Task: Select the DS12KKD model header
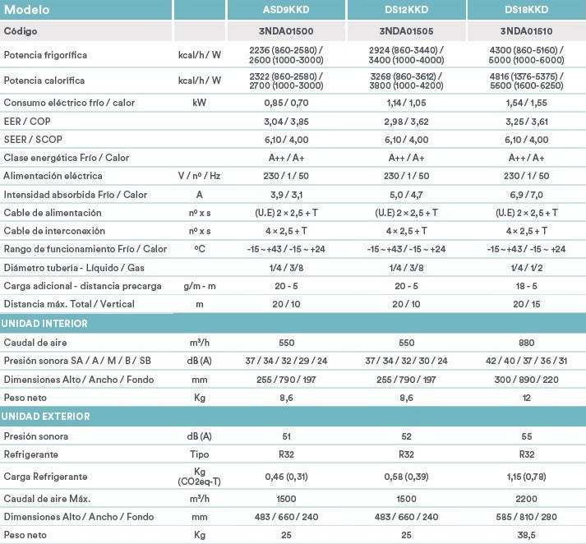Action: click(x=406, y=10)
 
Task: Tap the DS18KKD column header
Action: click(x=527, y=10)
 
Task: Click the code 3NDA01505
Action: click(x=406, y=30)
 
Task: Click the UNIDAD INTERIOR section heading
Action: click(x=44, y=324)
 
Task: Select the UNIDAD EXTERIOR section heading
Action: click(x=46, y=417)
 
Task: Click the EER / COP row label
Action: click(x=28, y=121)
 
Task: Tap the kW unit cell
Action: click(x=199, y=103)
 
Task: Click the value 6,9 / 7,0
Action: click(x=527, y=195)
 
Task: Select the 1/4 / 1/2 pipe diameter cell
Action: click(x=527, y=268)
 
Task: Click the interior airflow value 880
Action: click(x=527, y=342)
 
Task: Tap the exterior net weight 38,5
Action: click(x=527, y=535)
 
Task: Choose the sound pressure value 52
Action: click(x=406, y=436)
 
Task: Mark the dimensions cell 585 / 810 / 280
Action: click(x=527, y=517)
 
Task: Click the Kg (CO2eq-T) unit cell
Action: click(x=199, y=477)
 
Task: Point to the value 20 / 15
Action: click(x=527, y=304)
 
